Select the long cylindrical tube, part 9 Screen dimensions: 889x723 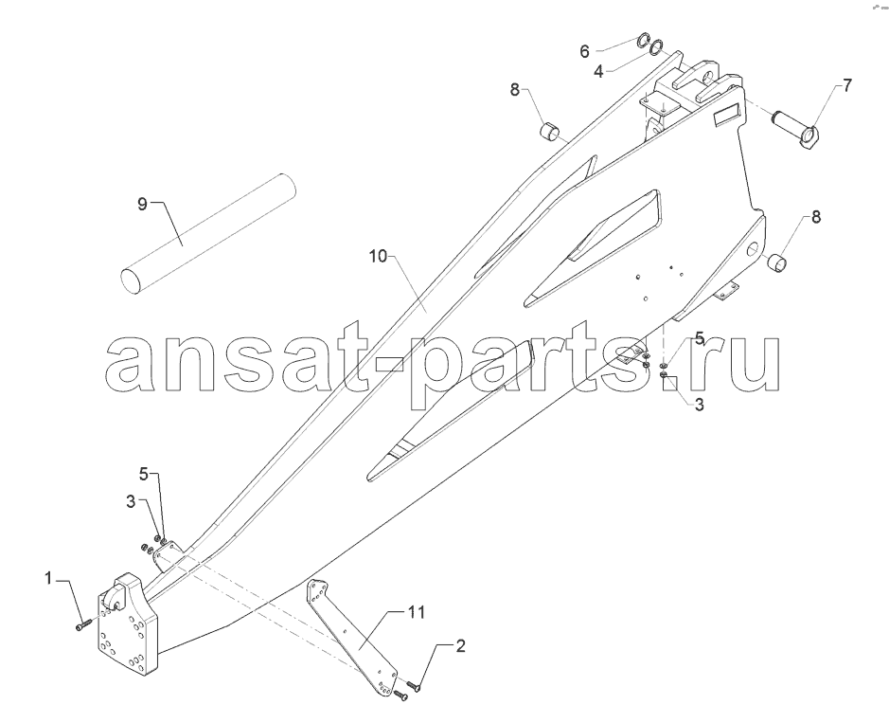click(208, 234)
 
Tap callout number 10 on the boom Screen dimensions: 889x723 click(378, 257)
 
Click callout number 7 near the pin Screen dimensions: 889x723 click(845, 85)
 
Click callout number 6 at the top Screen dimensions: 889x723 click(584, 51)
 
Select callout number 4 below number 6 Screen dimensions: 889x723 click(598, 72)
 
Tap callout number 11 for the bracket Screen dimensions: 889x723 click(416, 613)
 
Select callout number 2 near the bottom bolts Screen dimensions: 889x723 click(460, 646)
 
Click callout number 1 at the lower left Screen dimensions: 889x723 click(49, 578)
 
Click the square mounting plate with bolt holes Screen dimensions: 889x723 click(128, 625)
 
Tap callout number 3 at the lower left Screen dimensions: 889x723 click(131, 501)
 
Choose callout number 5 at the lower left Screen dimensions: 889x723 click(145, 474)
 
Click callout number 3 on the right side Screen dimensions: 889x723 click(699, 405)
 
